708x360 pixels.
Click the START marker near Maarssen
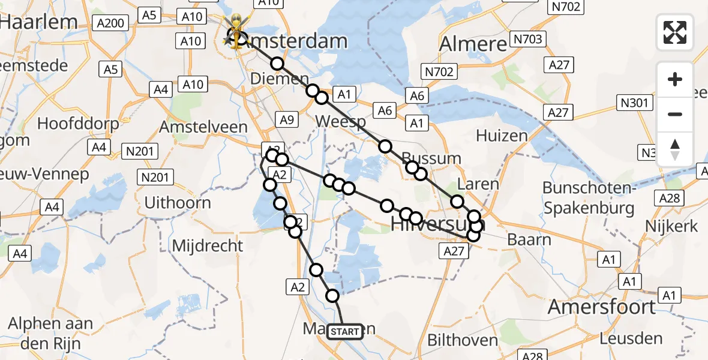click(x=345, y=332)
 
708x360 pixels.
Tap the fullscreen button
click(x=675, y=32)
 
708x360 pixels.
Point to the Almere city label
click(x=473, y=44)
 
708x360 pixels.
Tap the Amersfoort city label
click(x=602, y=307)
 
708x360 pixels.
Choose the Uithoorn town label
click(x=178, y=202)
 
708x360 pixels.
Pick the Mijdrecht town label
click(x=208, y=245)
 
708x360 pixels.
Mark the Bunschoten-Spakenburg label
click(x=589, y=198)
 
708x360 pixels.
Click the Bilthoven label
click(x=463, y=341)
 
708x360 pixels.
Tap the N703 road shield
click(x=527, y=40)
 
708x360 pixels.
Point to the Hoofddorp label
click(x=76, y=124)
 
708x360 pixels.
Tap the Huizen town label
click(x=502, y=136)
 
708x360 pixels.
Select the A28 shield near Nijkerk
click(x=669, y=199)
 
